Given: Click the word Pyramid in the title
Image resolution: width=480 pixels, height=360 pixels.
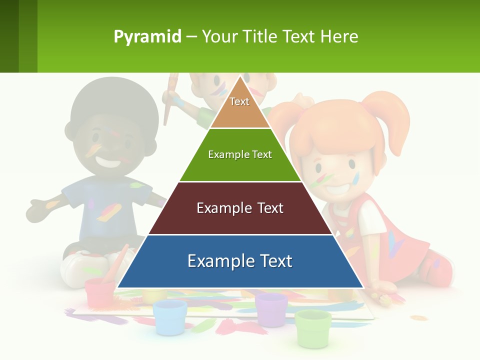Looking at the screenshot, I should (147, 37).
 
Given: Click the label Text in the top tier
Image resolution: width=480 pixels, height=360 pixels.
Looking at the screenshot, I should (239, 101).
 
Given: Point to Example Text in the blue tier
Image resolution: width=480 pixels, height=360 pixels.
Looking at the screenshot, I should (240, 261).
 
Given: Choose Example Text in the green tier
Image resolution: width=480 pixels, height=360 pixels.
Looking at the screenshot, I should (240, 154).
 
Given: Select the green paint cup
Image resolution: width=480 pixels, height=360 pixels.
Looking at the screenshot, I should (313, 327).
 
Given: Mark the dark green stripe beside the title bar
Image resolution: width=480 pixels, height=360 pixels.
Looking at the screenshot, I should (9, 36).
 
